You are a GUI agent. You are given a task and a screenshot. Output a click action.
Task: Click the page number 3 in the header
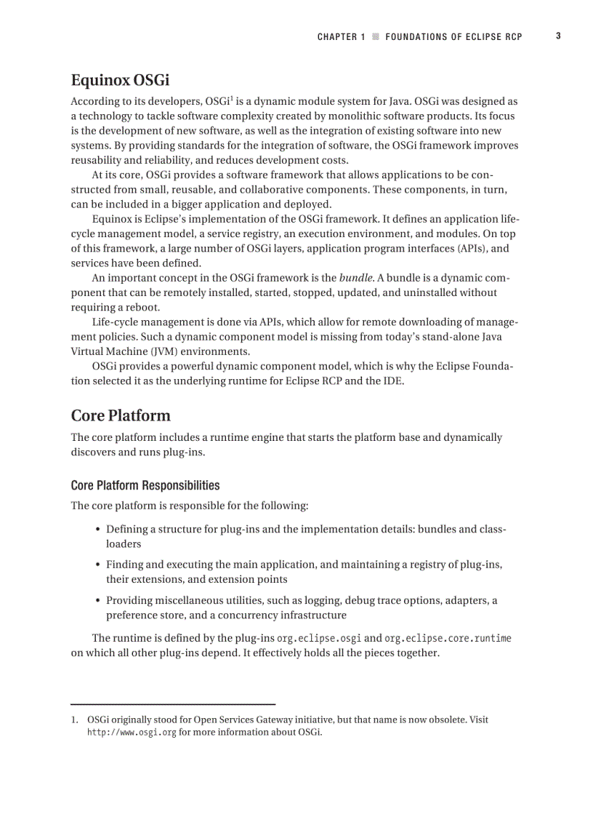558,36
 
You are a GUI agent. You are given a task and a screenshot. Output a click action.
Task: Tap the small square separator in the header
375,36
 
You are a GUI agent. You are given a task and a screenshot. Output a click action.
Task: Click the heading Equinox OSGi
120,80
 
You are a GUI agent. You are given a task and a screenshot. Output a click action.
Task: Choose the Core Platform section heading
121,415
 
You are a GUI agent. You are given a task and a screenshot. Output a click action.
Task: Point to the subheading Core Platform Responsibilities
145,485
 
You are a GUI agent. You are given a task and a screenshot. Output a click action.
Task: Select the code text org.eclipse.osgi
319,639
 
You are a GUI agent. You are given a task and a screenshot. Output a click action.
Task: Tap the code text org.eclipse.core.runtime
448,639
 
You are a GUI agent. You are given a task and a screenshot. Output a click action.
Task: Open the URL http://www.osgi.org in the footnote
132,733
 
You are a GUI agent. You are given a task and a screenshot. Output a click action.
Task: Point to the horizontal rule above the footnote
173,704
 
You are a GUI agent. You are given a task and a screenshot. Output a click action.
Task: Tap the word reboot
142,307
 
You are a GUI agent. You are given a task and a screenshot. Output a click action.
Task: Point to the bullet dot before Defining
98,530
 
